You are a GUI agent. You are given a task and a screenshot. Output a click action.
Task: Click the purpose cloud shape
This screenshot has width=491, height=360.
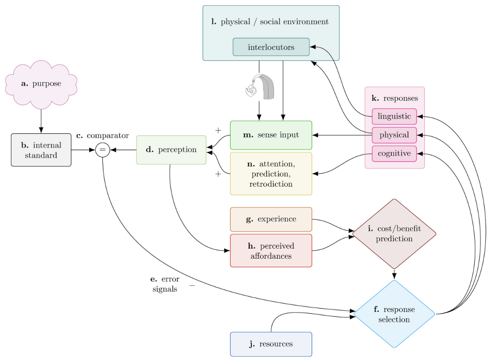coord(41,84)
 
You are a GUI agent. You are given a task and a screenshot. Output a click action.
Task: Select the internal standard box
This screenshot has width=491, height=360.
coord(41,150)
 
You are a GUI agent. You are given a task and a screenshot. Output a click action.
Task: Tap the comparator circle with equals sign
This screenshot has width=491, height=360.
coord(102,150)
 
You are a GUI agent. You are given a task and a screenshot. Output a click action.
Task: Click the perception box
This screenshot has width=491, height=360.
coord(172,150)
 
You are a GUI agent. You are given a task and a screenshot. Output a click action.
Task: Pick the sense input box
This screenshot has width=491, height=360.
coord(271,135)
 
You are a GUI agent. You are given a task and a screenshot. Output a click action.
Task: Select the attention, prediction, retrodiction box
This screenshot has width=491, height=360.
coord(271,174)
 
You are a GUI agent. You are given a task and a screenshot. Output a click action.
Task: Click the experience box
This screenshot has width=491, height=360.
coord(271,219)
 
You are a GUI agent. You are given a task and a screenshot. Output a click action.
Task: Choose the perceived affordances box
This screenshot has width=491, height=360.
coord(271,251)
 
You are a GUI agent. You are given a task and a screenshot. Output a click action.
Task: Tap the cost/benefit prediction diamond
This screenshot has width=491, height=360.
coord(394,234)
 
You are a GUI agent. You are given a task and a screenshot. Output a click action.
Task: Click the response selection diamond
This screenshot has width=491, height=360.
coord(394,314)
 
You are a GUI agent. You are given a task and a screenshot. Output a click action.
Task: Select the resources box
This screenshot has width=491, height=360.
coord(271,344)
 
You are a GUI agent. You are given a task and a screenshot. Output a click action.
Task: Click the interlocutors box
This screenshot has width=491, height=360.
coord(271,47)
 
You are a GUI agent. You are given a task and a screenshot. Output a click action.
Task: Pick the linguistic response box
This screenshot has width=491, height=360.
coord(394,117)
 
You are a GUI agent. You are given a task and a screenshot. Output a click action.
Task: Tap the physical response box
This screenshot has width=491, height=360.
coord(394,135)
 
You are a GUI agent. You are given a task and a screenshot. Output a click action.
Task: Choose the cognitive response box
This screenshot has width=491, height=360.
coord(394,154)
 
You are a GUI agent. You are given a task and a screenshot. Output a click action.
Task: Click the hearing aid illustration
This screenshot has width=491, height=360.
coord(260,87)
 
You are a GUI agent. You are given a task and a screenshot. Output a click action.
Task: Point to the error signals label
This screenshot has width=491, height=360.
coord(165,284)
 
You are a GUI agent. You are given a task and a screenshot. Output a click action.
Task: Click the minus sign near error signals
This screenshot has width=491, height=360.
coord(192,285)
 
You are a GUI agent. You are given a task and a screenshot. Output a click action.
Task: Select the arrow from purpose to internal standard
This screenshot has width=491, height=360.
coord(41,121)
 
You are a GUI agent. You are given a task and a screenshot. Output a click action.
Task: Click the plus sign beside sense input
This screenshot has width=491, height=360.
coord(218,130)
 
